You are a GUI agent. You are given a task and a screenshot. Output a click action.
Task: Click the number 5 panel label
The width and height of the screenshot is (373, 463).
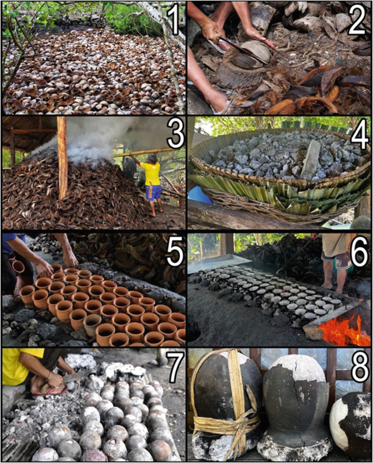point(173,252)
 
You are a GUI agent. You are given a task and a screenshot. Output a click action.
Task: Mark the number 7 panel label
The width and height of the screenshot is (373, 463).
point(173,368)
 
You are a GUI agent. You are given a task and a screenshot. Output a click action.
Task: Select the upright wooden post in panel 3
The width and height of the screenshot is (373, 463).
point(62,158)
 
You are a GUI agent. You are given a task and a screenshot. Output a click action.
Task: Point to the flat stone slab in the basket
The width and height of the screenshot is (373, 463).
point(311,159)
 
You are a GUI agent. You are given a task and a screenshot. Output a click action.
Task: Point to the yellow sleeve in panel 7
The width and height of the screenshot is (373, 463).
point(16,367)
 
